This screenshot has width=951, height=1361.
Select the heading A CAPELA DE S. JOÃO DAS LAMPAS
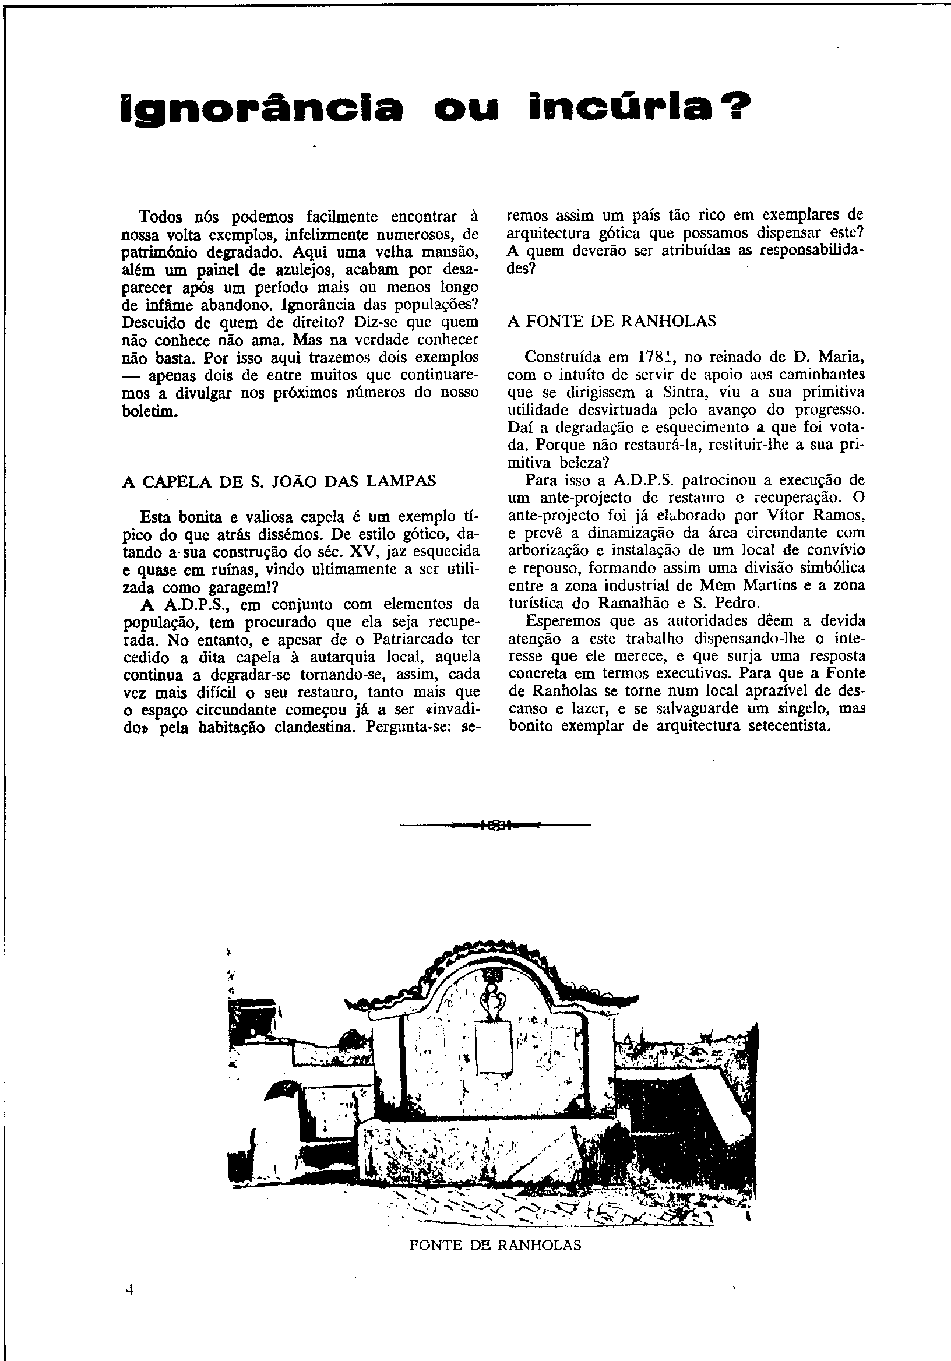point(279,481)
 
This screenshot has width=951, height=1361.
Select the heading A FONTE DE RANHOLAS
point(612,321)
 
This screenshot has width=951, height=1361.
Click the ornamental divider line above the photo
point(496,824)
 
